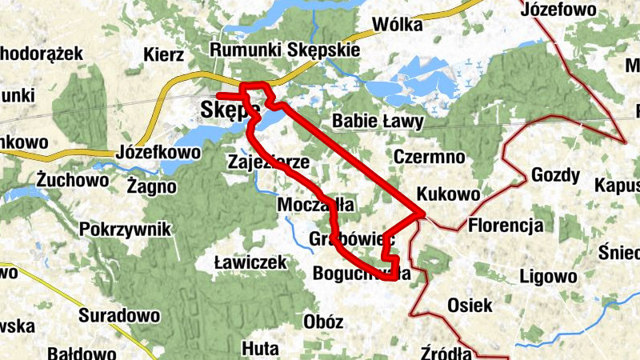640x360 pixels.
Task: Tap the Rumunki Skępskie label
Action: click(x=284, y=50)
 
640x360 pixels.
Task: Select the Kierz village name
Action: click(x=164, y=55)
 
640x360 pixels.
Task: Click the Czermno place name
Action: click(x=429, y=155)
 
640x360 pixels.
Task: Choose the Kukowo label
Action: click(x=449, y=194)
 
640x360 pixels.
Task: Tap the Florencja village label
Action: click(x=506, y=224)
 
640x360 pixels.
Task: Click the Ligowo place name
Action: click(x=548, y=277)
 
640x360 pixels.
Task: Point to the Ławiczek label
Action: click(x=251, y=262)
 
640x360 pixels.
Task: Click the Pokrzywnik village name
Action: click(x=126, y=230)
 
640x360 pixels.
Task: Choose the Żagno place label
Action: click(x=151, y=186)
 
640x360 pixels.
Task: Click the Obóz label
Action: click(x=324, y=322)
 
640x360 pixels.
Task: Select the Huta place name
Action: click(x=260, y=349)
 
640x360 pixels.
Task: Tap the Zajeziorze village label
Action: click(x=269, y=162)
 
